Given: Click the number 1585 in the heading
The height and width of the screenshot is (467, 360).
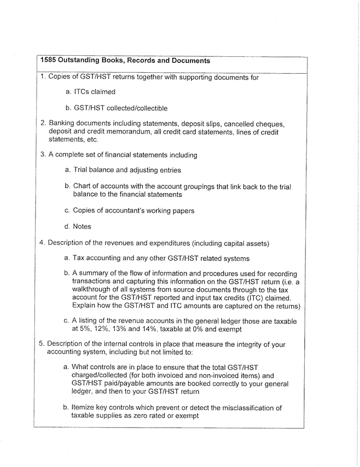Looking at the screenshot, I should pyautogui.click(x=50, y=61).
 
